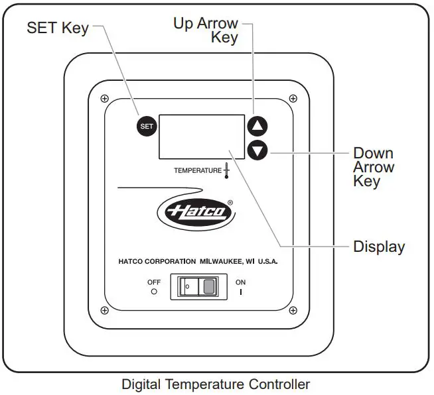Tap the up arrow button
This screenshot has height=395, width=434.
(x=257, y=125)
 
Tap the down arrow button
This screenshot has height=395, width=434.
(x=257, y=150)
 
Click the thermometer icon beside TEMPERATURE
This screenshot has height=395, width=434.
(x=226, y=170)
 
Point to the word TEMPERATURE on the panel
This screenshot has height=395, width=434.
(x=197, y=170)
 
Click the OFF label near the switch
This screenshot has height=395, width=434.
(x=154, y=282)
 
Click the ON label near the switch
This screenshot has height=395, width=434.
(x=240, y=282)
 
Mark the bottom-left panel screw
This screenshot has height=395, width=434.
(x=105, y=310)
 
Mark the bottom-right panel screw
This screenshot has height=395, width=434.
(x=291, y=310)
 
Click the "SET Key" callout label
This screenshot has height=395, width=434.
(x=57, y=28)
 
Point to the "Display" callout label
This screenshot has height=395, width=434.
(x=378, y=247)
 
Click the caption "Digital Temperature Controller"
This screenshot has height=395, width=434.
(x=216, y=384)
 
